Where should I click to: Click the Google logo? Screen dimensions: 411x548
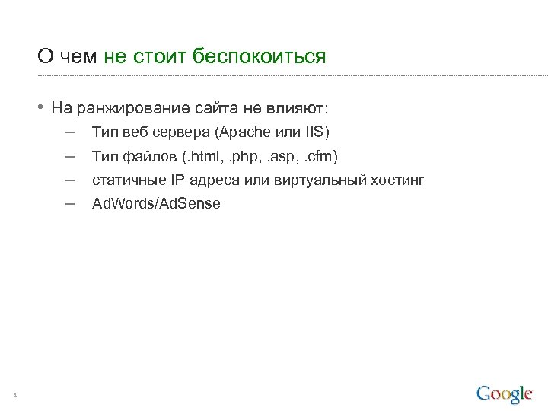click(x=504, y=393)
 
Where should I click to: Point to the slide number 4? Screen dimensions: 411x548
click(x=15, y=394)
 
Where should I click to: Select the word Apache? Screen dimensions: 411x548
click(x=244, y=132)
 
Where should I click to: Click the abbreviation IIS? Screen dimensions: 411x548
click(x=315, y=132)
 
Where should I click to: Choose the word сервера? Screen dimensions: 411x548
click(x=180, y=132)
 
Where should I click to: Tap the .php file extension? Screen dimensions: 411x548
click(x=243, y=157)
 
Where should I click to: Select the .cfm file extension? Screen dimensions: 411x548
click(x=320, y=157)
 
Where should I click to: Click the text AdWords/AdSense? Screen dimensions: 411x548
click(x=156, y=204)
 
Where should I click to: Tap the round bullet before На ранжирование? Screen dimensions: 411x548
click(x=43, y=105)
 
